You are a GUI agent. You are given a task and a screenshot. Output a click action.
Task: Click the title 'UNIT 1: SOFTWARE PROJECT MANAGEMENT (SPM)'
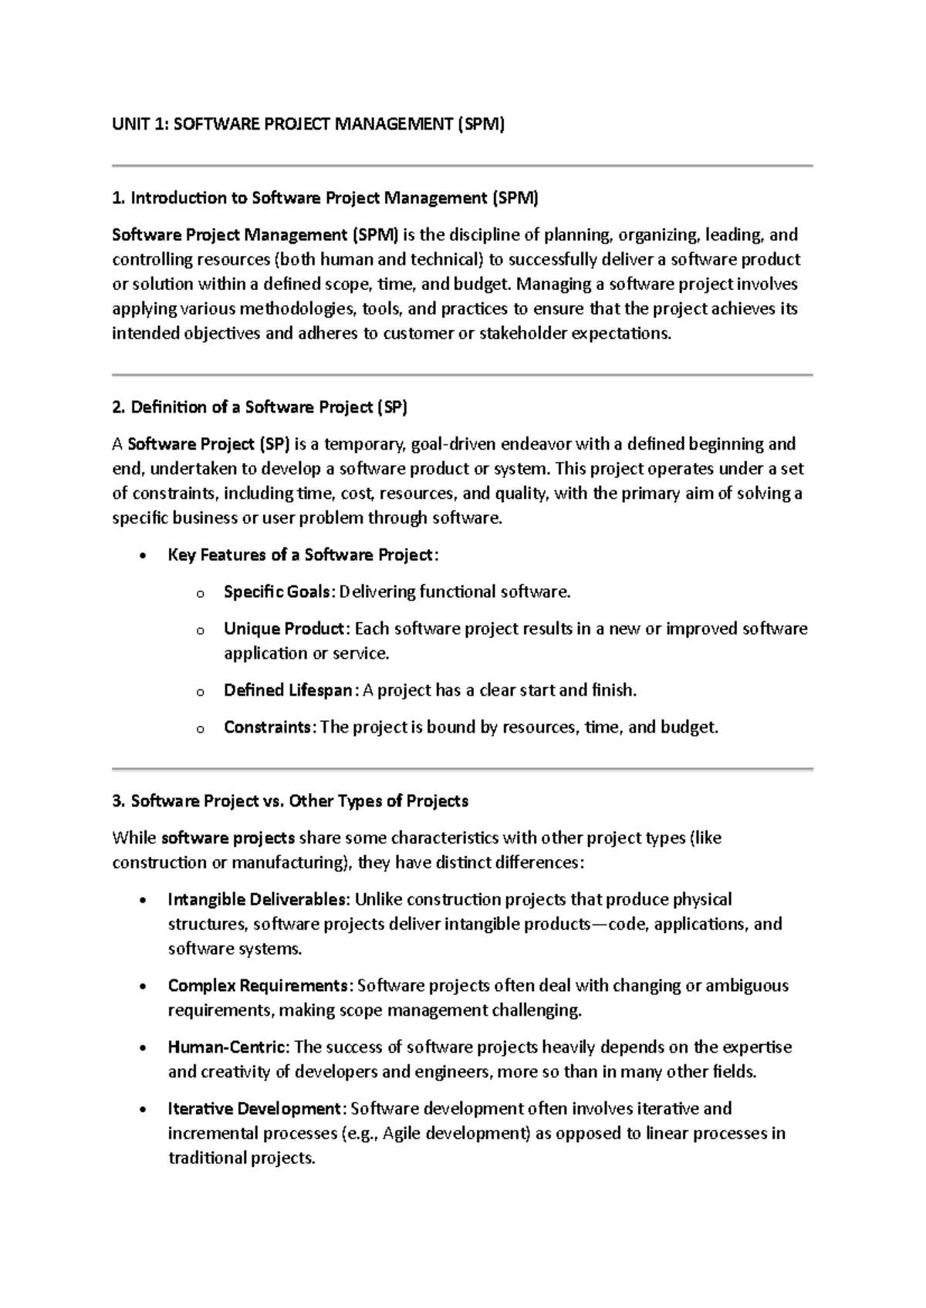pyautogui.click(x=308, y=124)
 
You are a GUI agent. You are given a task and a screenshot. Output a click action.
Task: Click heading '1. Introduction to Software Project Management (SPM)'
pyautogui.click(x=325, y=198)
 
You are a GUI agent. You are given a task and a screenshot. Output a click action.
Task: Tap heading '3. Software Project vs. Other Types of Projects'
pyautogui.click(x=290, y=801)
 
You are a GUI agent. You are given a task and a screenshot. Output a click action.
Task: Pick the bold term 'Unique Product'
pyautogui.click(x=282, y=629)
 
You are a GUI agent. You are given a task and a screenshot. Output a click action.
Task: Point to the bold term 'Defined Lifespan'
pyautogui.click(x=287, y=691)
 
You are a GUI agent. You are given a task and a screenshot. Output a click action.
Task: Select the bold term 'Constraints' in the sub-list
pyautogui.click(x=267, y=728)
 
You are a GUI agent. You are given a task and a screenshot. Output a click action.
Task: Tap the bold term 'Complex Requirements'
pyautogui.click(x=257, y=986)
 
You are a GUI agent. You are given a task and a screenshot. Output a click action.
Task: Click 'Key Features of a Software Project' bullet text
pyautogui.click(x=300, y=555)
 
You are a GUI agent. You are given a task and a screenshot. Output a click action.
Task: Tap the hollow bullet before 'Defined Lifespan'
pyautogui.click(x=200, y=693)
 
